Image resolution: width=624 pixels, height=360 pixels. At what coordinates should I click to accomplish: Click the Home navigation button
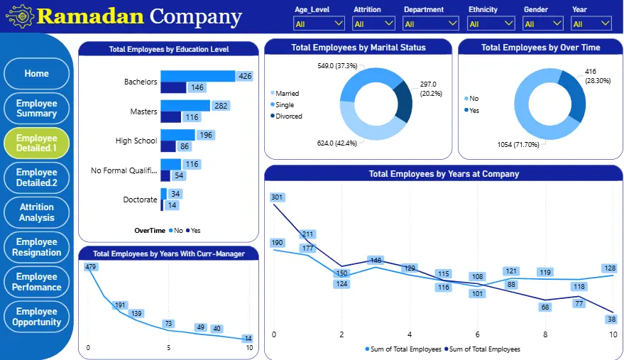37,73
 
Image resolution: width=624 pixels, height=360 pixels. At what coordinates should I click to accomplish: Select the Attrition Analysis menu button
37,212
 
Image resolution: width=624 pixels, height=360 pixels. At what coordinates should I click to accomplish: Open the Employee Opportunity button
37,317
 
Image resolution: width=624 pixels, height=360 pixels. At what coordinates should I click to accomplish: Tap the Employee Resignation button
37,247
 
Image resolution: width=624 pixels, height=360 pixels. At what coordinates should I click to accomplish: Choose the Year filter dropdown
591,24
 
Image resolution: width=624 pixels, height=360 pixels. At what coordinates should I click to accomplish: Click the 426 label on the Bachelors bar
246,76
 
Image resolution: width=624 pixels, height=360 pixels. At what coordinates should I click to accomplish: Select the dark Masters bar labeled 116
170,117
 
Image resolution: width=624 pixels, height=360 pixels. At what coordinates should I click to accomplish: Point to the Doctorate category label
140,200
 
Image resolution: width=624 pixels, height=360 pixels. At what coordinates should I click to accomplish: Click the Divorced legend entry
288,116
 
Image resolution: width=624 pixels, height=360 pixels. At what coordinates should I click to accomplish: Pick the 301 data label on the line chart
277,197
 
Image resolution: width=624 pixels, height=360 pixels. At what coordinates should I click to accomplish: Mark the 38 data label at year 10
611,319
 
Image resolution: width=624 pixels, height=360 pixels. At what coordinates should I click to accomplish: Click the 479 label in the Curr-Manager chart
90,266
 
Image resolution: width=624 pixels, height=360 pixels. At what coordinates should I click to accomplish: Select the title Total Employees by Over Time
540,48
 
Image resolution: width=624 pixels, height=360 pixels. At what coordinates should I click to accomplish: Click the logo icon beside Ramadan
19,16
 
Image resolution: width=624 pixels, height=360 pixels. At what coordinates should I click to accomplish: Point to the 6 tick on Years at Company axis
477,334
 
